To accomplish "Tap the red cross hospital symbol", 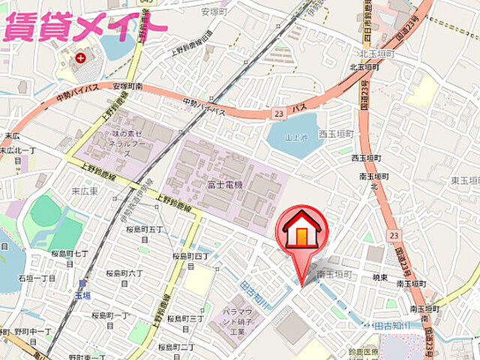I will pos(91,56).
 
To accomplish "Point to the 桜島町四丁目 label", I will pos(193,260).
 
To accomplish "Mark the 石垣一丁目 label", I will pos(37,277).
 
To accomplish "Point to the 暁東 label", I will pos(380,277).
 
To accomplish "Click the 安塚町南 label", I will pos(127,87).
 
